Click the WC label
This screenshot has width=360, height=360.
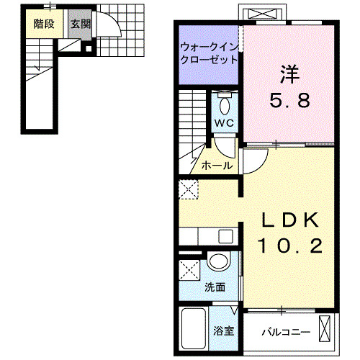[x=224, y=123]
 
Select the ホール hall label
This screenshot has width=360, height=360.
[x=216, y=166]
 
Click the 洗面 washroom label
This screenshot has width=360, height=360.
[x=215, y=287]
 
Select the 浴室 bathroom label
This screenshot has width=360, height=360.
[x=223, y=331]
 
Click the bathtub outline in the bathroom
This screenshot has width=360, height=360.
[x=193, y=328]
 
